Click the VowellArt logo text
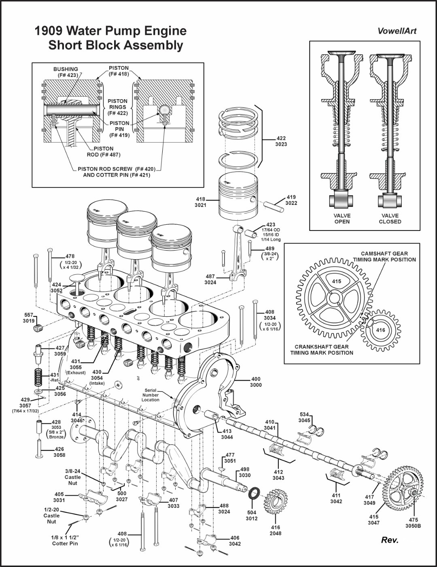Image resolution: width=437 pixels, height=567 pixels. click(x=397, y=31)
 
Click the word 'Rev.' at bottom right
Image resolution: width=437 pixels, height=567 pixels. click(x=390, y=540)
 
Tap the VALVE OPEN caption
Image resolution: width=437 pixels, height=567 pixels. click(x=342, y=219)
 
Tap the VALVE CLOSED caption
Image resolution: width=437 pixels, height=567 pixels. click(x=390, y=219)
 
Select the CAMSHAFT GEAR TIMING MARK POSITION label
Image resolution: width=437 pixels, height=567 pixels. click(x=384, y=257)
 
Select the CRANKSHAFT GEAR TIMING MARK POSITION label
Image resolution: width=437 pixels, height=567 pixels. click(x=321, y=350)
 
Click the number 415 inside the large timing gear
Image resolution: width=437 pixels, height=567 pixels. click(x=336, y=281)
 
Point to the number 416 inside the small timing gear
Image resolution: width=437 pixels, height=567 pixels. click(x=380, y=330)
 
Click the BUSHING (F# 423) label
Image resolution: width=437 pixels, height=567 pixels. click(x=66, y=72)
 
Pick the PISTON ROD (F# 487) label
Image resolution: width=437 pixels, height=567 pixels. click(x=104, y=151)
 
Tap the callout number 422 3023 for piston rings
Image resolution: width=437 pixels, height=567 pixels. click(x=281, y=141)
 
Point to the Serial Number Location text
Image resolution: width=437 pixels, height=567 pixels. click(x=150, y=395)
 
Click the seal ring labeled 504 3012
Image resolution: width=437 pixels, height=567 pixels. click(x=254, y=494)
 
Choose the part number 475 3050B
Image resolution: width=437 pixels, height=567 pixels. click(x=413, y=523)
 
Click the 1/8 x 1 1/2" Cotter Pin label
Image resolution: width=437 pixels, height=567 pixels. click(x=65, y=540)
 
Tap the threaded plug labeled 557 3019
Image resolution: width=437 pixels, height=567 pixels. click(x=38, y=328)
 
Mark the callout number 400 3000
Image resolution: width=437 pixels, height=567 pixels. click(x=256, y=382)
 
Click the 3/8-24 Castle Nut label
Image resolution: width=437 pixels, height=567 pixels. click(x=72, y=477)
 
